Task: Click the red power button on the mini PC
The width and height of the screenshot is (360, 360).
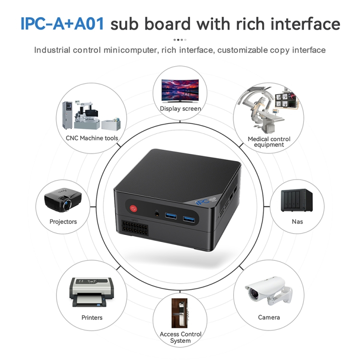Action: (x=133, y=209)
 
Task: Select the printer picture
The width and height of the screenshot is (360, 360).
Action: (x=91, y=292)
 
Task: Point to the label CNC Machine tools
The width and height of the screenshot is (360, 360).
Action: (x=92, y=138)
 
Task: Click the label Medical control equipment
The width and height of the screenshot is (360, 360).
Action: (x=269, y=142)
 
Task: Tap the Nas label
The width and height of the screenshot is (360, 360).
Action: (x=297, y=222)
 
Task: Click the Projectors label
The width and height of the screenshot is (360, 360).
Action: (x=63, y=222)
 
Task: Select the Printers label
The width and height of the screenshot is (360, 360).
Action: (x=92, y=317)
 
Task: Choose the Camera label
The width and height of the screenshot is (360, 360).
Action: (x=269, y=317)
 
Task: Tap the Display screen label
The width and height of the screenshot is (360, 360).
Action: (x=180, y=108)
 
